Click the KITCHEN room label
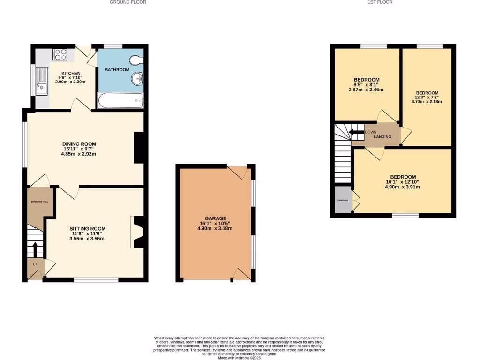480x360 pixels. tap(71, 74)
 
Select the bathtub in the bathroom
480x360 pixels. tap(120, 100)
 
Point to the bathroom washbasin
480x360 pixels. tap(137, 79)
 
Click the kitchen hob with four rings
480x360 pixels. tap(61, 54)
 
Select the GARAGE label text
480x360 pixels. tap(215, 218)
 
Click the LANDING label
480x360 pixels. tap(383, 136)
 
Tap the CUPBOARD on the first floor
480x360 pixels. tap(343, 200)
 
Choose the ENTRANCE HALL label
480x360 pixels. tap(40, 202)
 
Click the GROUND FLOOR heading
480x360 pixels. tap(128, 2)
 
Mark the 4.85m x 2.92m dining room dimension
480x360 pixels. tap(79, 154)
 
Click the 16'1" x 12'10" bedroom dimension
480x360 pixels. tap(402, 182)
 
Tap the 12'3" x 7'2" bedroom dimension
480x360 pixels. tap(427, 97)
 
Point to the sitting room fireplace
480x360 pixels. tap(137, 232)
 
